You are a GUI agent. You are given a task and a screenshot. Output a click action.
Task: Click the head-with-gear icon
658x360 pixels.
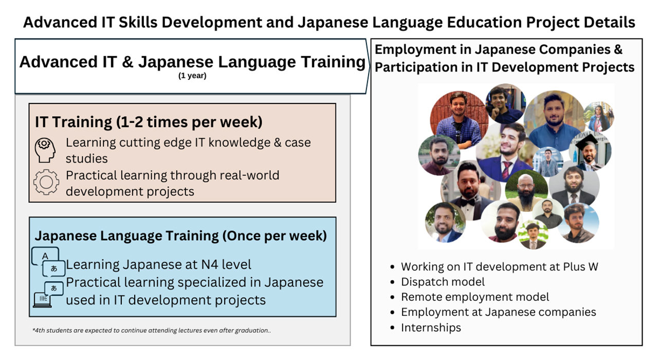(45, 150)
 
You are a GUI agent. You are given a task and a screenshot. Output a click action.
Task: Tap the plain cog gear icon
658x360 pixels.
(46, 182)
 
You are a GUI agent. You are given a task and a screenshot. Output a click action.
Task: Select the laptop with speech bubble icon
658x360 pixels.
(48, 295)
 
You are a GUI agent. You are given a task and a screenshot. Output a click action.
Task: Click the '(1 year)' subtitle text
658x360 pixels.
(192, 76)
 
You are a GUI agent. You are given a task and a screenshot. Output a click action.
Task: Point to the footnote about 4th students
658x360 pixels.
(152, 330)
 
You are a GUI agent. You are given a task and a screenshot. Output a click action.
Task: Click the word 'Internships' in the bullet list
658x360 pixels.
(431, 328)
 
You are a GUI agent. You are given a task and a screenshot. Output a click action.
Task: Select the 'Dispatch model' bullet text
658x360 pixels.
(443, 282)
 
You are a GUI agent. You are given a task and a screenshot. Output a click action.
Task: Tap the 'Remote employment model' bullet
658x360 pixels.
(475, 297)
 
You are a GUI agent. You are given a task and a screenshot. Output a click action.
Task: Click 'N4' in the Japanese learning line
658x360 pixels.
(209, 264)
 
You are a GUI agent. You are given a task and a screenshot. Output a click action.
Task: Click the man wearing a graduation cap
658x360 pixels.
(590, 151)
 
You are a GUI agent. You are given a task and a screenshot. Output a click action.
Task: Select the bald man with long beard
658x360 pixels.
(526, 190)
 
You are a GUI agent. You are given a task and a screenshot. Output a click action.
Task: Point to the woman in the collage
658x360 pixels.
(598, 116)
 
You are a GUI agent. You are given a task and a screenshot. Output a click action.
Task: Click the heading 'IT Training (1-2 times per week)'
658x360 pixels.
(149, 122)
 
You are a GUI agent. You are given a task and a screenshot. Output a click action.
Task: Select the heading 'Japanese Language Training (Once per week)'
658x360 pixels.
(180, 236)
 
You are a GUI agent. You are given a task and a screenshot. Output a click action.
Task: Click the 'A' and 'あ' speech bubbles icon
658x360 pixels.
(48, 262)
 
